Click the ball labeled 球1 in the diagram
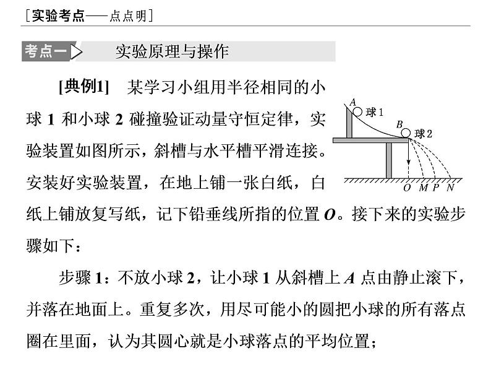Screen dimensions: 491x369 (358, 111)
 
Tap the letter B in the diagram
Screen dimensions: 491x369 (399, 124)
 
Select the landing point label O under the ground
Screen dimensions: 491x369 (406, 187)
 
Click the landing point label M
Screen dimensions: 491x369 (423, 187)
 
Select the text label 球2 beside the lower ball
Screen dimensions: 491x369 (423, 133)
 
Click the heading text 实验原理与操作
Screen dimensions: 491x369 (172, 51)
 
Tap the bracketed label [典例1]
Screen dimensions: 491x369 (83, 87)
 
